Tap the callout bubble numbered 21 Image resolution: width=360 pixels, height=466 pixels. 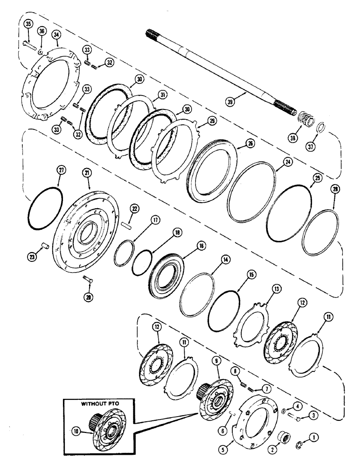[88, 173]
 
